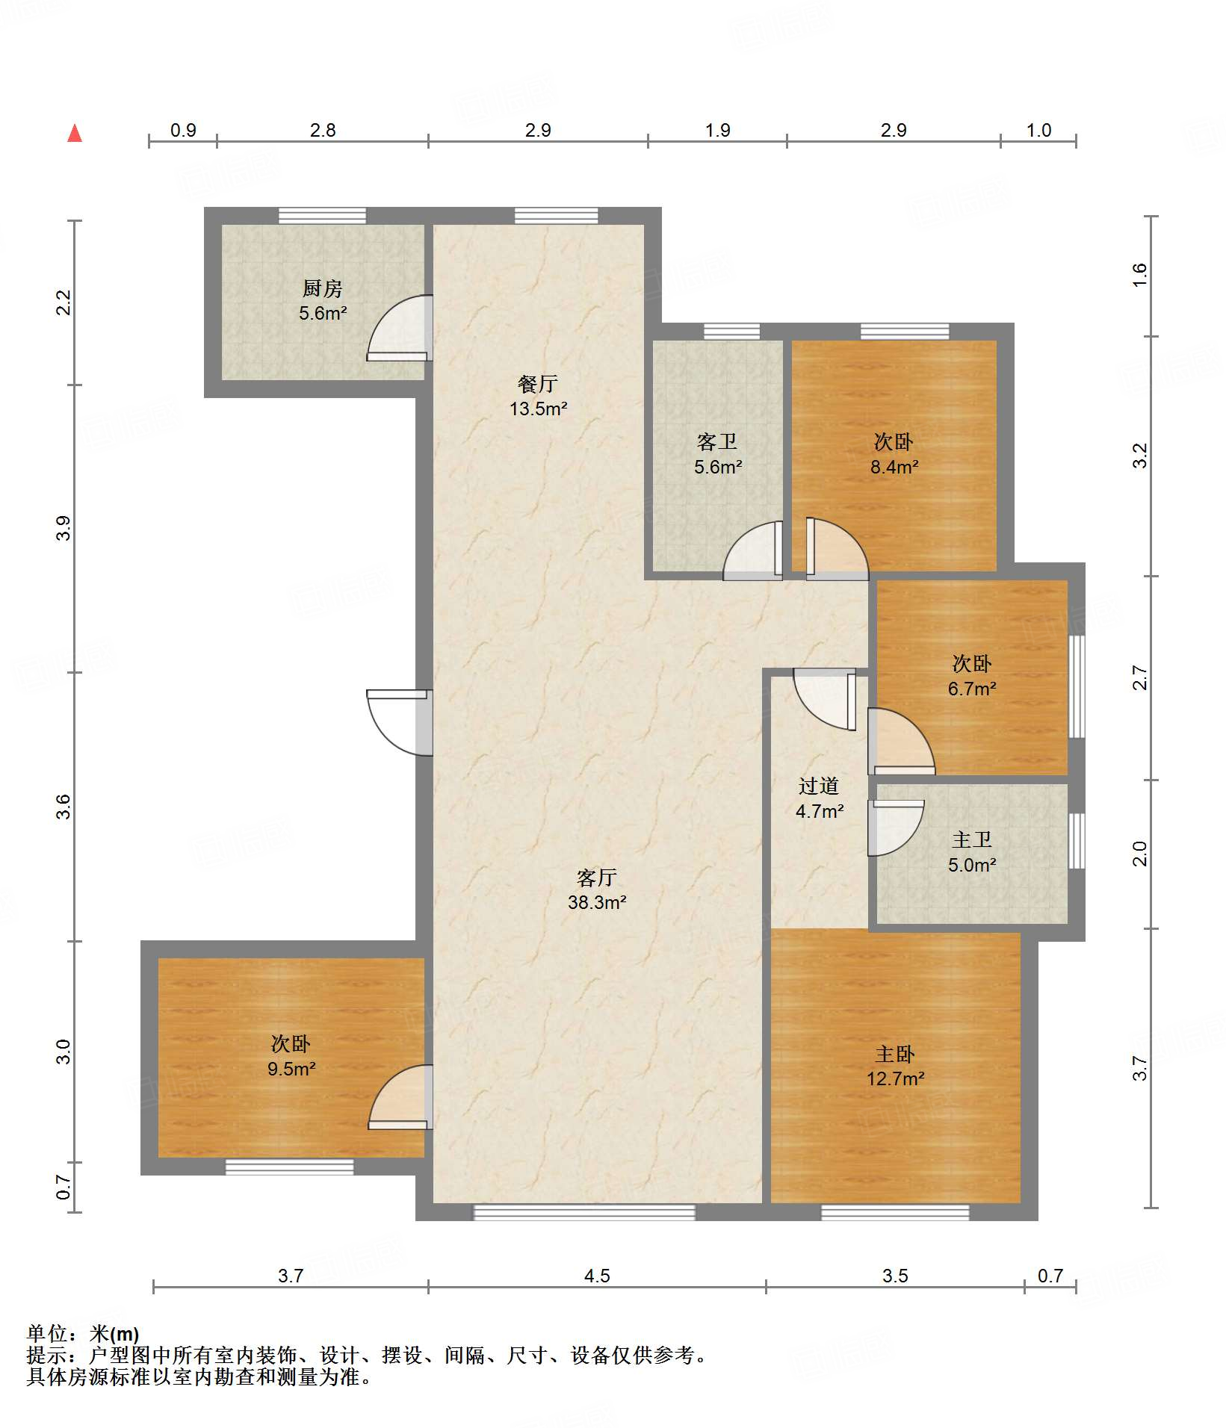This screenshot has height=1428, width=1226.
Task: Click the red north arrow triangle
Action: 75,133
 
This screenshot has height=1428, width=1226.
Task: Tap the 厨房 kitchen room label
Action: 322,288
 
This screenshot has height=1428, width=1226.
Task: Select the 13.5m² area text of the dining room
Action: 538,409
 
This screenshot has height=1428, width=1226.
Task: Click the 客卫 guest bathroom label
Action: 717,442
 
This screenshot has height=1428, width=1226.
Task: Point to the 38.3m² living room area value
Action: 597,902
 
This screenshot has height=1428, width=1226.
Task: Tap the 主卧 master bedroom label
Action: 895,1054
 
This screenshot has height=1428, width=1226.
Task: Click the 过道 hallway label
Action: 819,786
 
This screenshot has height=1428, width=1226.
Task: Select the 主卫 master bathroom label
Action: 972,840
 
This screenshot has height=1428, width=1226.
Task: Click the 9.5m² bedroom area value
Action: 291,1069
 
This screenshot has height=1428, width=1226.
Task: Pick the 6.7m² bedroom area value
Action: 972,689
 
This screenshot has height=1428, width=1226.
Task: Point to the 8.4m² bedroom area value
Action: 894,467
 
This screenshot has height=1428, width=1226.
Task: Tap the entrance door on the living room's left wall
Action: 400,722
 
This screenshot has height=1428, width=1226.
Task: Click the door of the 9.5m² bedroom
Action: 400,1097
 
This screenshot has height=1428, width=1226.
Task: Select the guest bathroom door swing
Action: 753,550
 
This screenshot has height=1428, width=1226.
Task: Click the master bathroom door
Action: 896,828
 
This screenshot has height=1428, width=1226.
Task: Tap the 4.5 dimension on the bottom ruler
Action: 597,1276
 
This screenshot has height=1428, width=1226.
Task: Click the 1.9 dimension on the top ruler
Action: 718,130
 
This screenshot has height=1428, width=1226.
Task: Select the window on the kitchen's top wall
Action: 322,216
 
